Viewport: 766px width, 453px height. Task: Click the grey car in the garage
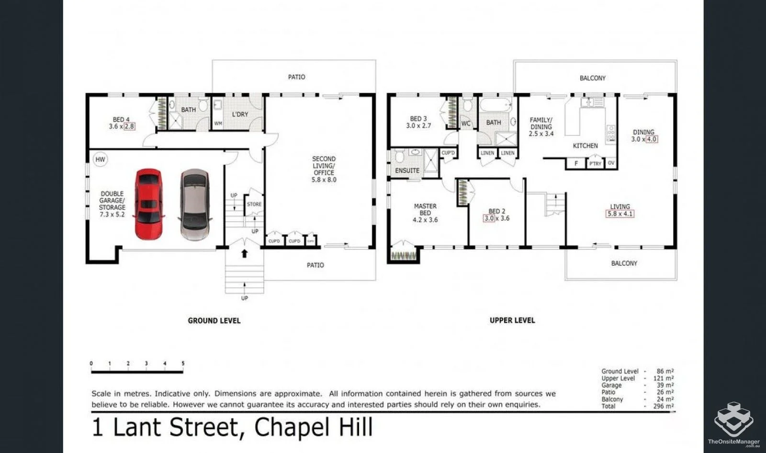(x=195, y=204)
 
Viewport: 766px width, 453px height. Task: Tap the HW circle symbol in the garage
(x=100, y=160)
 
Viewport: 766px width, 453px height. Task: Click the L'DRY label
(x=240, y=114)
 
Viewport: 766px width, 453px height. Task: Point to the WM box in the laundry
(x=218, y=124)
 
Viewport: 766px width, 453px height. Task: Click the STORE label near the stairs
(x=254, y=204)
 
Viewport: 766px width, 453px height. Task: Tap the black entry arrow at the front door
(x=244, y=253)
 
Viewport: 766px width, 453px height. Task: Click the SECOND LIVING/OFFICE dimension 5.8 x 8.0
(x=324, y=180)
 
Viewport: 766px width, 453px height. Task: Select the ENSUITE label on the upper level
(x=407, y=170)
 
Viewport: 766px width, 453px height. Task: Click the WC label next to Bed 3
(x=466, y=124)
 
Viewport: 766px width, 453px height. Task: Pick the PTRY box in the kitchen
(x=595, y=164)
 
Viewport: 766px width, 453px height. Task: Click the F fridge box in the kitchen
(x=576, y=163)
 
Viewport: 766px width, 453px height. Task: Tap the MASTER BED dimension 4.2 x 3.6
(x=425, y=220)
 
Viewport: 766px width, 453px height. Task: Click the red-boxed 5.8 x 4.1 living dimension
(x=620, y=214)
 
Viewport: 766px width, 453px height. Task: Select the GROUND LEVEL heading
(x=214, y=321)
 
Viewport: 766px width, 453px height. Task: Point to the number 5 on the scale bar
(x=183, y=363)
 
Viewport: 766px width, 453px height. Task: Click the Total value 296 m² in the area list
(x=663, y=406)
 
